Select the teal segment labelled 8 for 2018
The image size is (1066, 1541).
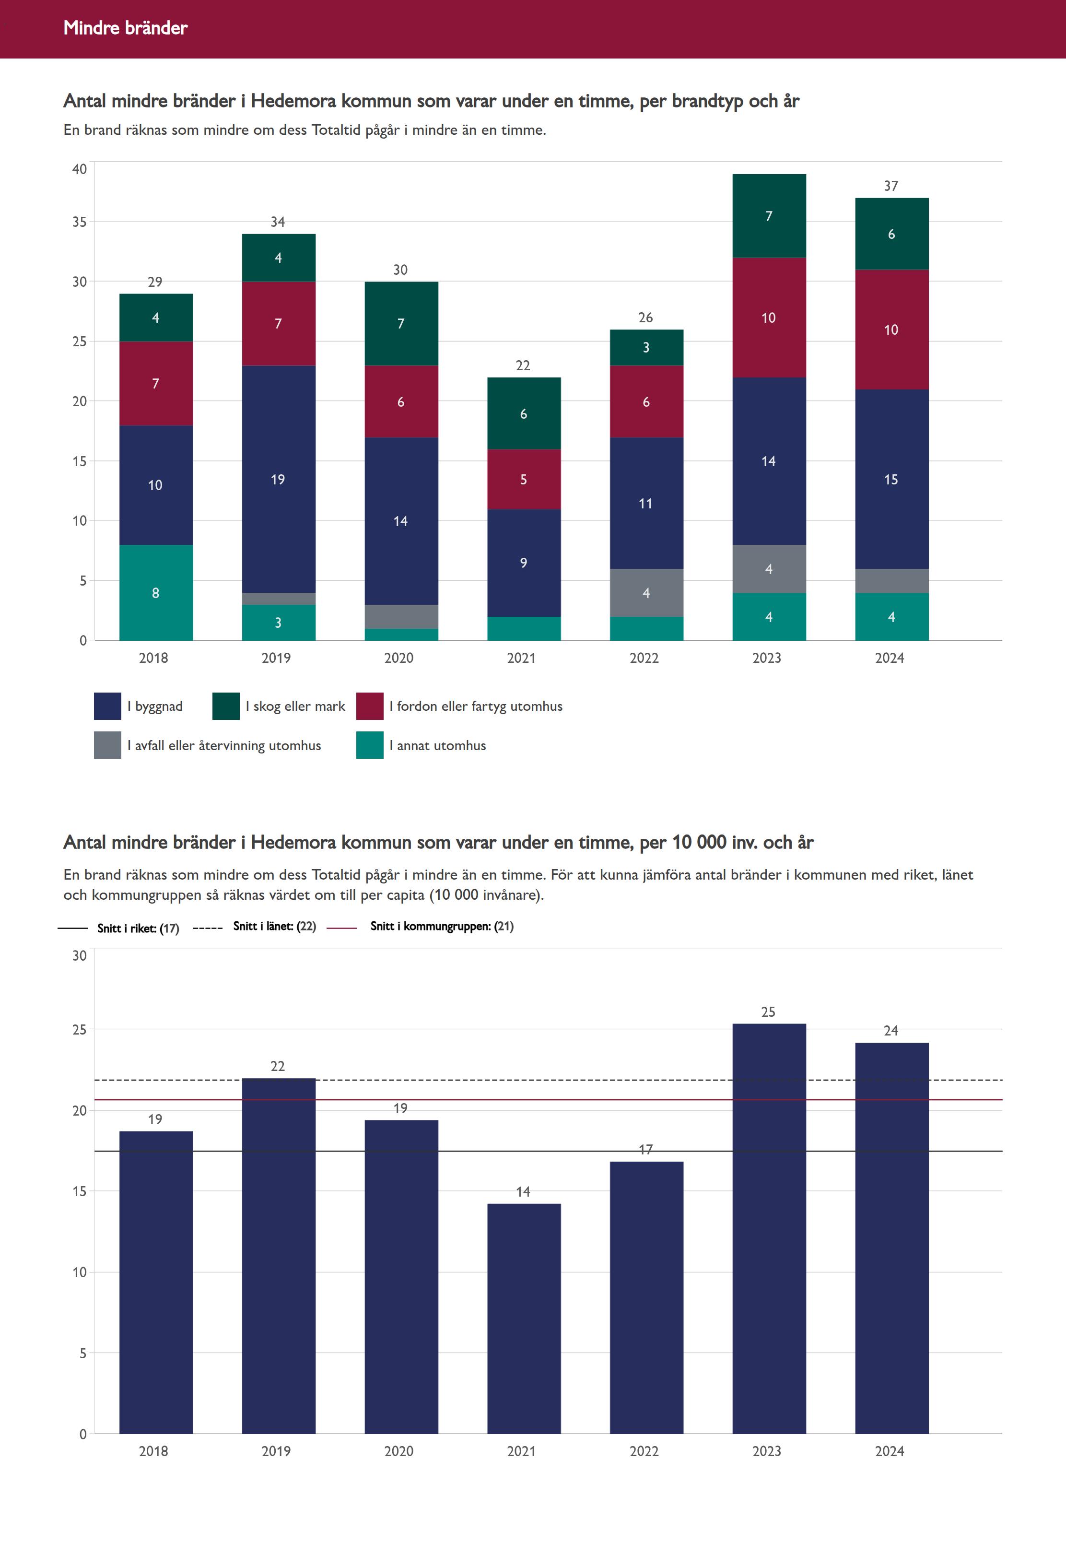[156, 592]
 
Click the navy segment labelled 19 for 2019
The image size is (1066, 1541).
[278, 479]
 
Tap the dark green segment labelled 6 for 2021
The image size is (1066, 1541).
[524, 413]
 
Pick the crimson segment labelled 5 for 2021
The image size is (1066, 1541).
[524, 479]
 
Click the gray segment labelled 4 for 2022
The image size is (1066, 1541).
[646, 592]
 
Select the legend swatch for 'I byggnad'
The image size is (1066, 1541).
[107, 706]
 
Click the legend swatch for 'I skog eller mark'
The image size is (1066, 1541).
[226, 706]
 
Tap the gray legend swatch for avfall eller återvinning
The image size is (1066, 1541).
[107, 745]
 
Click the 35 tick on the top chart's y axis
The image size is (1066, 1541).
[80, 222]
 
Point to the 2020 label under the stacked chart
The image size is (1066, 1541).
[399, 658]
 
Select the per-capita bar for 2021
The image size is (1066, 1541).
[524, 1319]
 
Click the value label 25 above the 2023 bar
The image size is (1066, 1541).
[768, 1012]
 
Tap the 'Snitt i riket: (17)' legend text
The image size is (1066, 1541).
[138, 928]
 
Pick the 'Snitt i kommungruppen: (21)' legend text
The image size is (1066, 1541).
[442, 926]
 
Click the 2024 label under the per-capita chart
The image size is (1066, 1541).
[890, 1451]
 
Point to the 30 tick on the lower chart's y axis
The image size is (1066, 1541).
[80, 955]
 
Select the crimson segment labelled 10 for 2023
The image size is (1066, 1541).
[769, 318]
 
